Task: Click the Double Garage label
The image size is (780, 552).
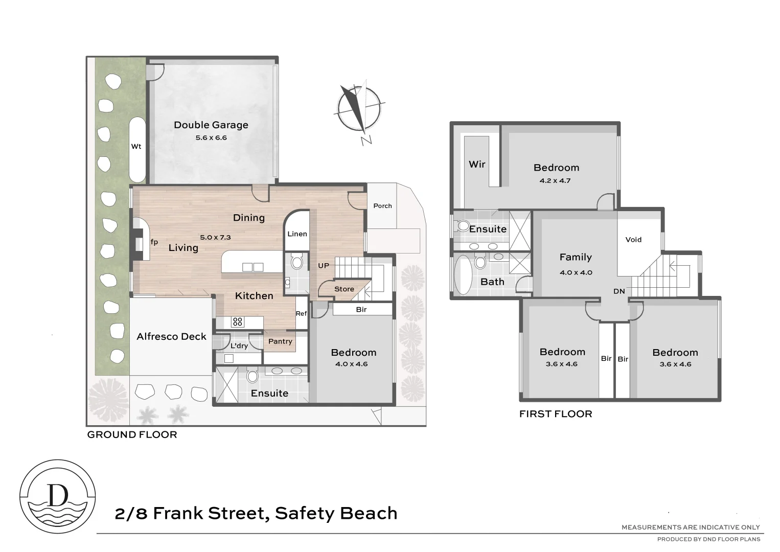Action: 211,125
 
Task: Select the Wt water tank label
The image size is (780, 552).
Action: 136,147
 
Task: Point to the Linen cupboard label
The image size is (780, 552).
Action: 297,234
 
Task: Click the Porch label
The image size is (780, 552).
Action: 382,206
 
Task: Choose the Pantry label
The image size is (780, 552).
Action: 280,341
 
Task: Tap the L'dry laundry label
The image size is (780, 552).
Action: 239,346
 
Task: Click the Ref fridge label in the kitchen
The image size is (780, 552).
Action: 301,313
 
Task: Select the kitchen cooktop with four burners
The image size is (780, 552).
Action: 238,322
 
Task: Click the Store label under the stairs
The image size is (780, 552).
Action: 344,289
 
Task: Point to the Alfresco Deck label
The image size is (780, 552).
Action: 171,337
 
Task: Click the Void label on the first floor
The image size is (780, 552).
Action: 633,240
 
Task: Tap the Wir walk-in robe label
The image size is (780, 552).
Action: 477,164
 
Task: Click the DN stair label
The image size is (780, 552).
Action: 619,291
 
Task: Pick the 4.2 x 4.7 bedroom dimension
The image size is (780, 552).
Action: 555,181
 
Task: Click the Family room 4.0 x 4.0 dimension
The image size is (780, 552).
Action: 576,273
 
